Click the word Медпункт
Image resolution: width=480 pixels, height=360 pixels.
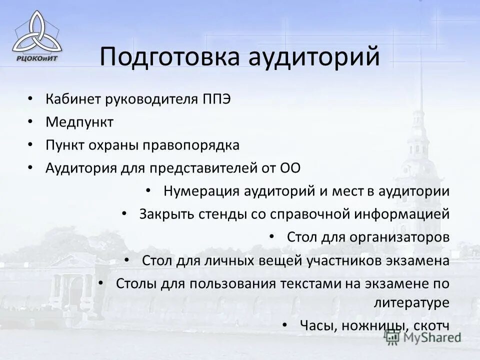pyautogui.click(x=79, y=121)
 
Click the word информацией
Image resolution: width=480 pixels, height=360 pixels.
pyautogui.click(x=402, y=214)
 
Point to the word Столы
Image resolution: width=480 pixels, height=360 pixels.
pyautogui.click(x=136, y=283)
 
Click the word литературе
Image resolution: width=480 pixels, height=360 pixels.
pyautogui.click(x=411, y=302)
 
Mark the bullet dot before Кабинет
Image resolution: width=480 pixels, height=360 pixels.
pyautogui.click(x=31, y=98)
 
